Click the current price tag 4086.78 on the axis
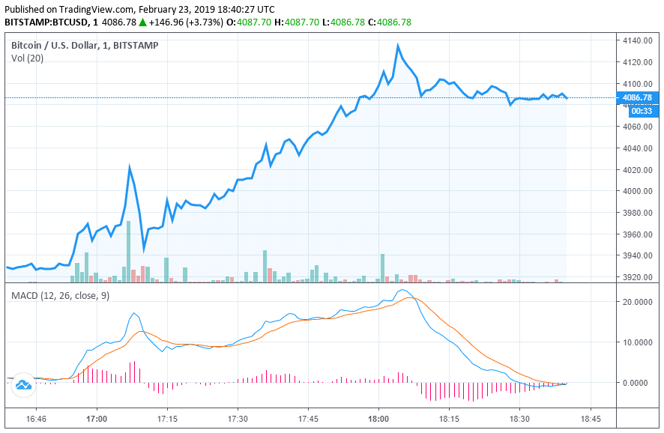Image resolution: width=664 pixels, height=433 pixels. pos(637,97)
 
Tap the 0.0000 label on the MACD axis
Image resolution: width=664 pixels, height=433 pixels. pos(638,383)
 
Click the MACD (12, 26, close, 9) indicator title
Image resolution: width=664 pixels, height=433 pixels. pos(60,296)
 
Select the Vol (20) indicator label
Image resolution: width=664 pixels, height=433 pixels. pos(27,58)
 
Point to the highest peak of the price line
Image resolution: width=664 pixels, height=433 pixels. pos(398,45)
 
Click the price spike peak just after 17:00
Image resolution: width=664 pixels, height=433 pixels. pos(130,168)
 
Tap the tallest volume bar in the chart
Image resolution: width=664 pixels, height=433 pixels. pos(128,251)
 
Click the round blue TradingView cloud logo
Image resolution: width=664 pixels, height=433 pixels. pos(22,385)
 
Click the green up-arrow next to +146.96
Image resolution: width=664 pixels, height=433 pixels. pos(143,22)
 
